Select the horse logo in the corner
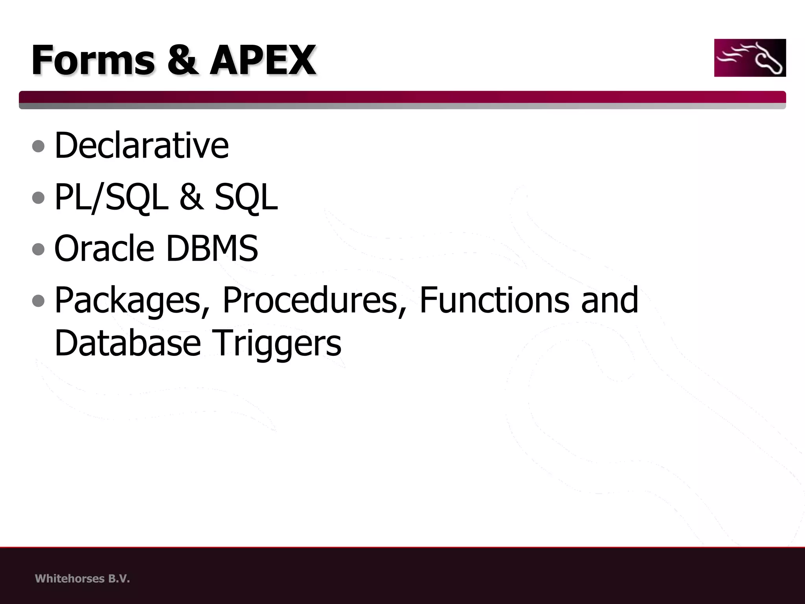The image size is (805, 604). [x=750, y=58]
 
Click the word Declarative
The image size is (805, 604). [x=142, y=145]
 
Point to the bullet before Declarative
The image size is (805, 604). [x=39, y=147]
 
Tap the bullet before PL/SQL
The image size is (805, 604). [x=39, y=198]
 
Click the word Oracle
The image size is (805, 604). [x=104, y=249]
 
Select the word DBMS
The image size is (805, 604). [x=212, y=249]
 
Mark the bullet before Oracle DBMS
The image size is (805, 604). [x=39, y=249]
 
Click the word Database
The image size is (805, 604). [x=128, y=343]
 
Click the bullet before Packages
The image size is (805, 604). [x=39, y=301]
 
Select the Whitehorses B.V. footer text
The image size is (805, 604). [x=82, y=579]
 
